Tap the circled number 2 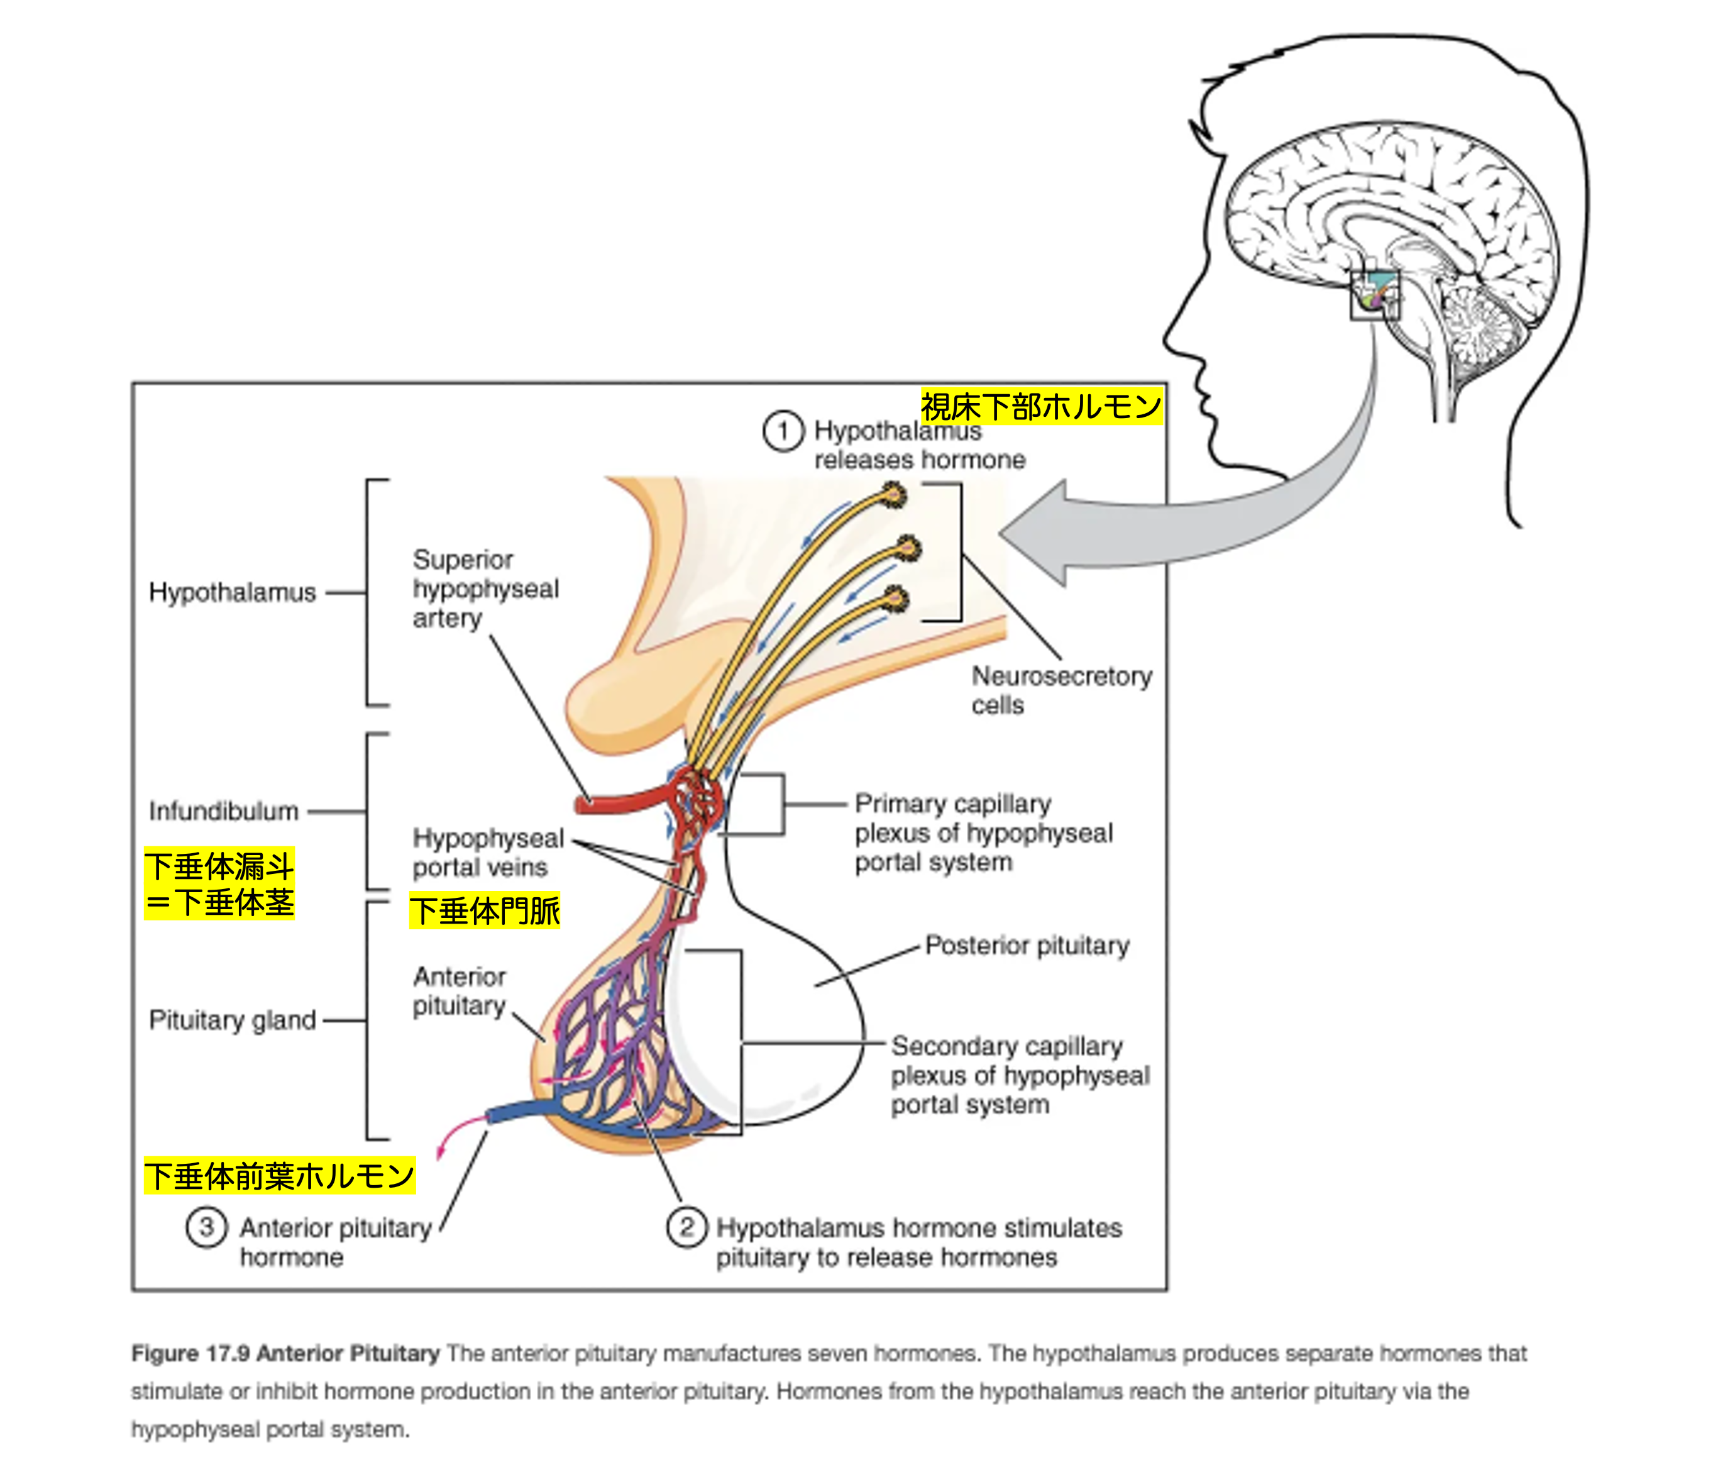(x=686, y=1227)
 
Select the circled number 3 (x=206, y=1227)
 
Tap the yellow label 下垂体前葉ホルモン (x=279, y=1176)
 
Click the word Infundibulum (x=223, y=811)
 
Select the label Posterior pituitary (x=1027, y=945)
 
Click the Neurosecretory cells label (x=1060, y=690)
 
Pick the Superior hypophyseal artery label (x=485, y=589)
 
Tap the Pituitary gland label (x=232, y=1020)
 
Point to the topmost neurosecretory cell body (x=894, y=496)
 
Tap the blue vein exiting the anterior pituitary (x=517, y=1112)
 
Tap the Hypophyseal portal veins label (x=487, y=853)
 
